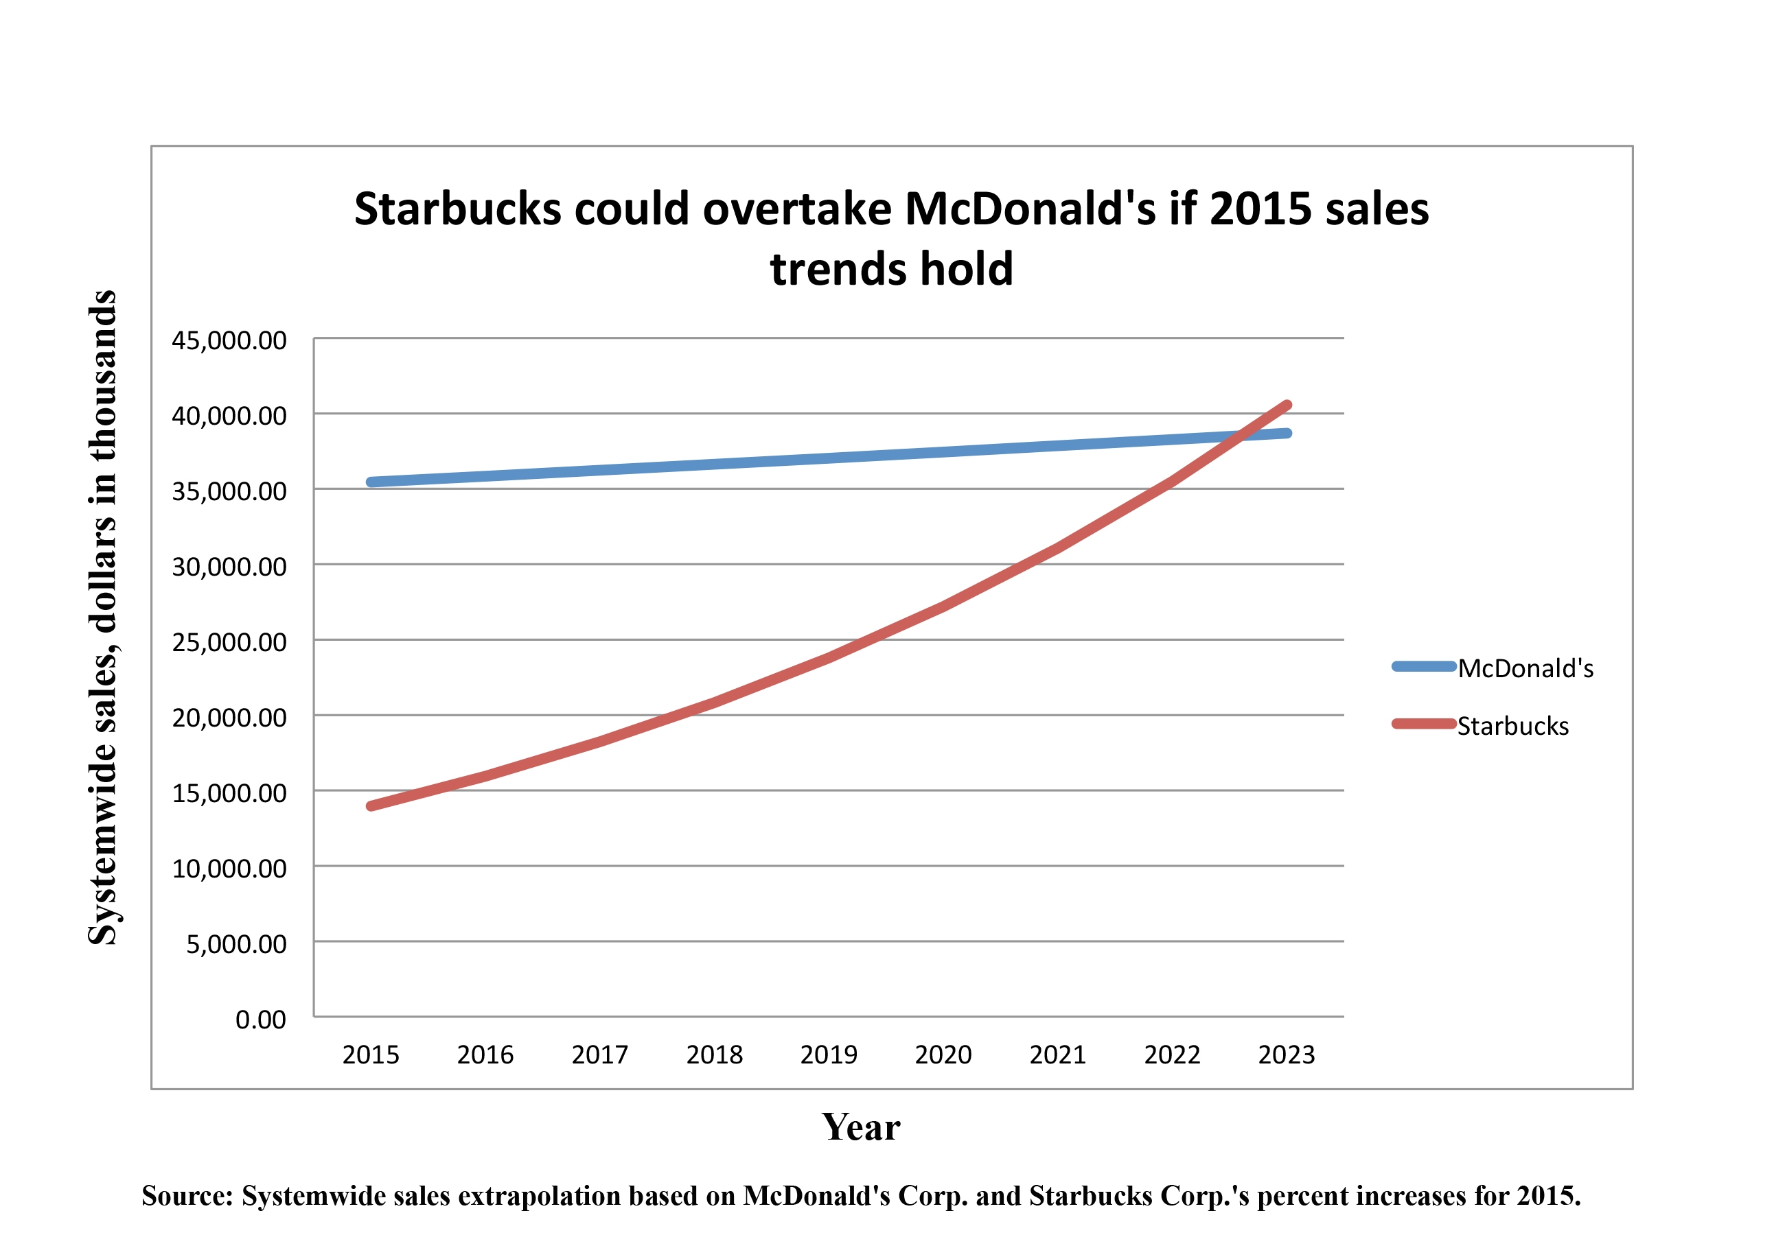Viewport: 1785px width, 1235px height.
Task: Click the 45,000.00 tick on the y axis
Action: tap(229, 340)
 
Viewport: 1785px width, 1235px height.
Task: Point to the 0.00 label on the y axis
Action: tap(260, 1020)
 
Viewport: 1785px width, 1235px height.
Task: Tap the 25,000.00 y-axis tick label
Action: tap(229, 642)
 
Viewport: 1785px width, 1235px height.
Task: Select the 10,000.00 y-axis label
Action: tap(229, 869)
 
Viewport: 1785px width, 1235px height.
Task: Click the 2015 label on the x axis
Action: tap(371, 1055)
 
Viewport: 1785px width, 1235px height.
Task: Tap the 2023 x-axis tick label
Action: tap(1287, 1055)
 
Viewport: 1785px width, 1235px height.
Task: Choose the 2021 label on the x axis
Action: tap(1057, 1055)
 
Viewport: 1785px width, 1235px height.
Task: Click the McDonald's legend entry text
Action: tap(1525, 668)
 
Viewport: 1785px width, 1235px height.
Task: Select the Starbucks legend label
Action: tap(1512, 727)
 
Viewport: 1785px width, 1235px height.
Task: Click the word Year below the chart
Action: tap(861, 1127)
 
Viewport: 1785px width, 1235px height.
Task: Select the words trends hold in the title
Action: tap(891, 269)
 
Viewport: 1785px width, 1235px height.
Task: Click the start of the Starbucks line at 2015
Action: tap(371, 806)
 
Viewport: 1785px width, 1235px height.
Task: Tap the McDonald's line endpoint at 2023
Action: tap(1287, 434)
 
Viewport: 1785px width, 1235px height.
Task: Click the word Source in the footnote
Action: tap(186, 1197)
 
